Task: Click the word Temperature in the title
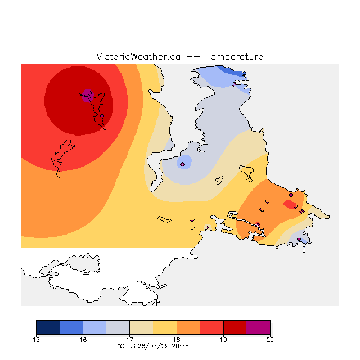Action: tap(234, 56)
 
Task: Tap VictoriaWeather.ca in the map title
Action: tap(138, 56)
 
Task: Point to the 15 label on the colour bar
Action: tap(36, 340)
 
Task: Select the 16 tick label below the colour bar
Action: tap(83, 340)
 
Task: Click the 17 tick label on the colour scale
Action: tap(130, 340)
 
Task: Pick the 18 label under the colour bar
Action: tap(177, 340)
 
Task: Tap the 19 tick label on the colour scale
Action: tap(223, 340)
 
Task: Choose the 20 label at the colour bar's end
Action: tap(270, 340)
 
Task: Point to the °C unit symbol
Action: tap(121, 346)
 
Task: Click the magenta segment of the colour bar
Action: tap(258, 327)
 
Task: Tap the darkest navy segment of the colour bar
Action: tap(48, 327)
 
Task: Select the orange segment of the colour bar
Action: tap(188, 327)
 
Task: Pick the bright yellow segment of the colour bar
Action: tap(165, 327)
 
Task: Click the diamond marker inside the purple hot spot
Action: tap(90, 93)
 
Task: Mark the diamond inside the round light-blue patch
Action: tap(182, 164)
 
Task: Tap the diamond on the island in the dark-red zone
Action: tap(102, 116)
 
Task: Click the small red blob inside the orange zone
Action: tap(289, 205)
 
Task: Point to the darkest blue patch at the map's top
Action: tap(232, 71)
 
